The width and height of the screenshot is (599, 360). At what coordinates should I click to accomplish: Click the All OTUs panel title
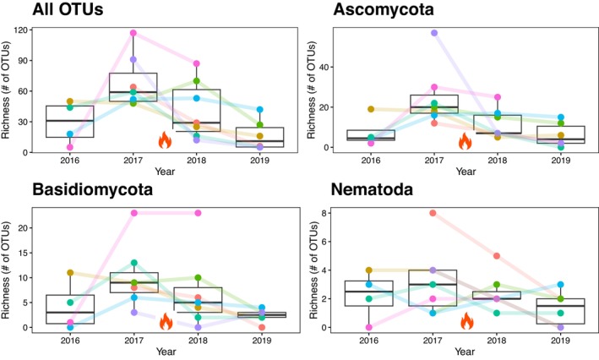(68, 9)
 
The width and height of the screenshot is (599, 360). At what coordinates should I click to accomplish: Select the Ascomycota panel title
(384, 9)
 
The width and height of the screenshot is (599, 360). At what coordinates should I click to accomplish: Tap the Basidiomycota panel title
(92, 189)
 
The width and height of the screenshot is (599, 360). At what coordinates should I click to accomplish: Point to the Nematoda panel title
(372, 189)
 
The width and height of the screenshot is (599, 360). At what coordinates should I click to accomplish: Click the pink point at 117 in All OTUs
(133, 33)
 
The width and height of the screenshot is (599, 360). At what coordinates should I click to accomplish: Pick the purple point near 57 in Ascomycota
(434, 33)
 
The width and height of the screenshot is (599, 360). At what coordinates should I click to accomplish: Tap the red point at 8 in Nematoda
(433, 213)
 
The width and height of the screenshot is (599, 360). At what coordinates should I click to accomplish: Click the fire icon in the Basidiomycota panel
(166, 321)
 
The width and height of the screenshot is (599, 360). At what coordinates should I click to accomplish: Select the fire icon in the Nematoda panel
(467, 320)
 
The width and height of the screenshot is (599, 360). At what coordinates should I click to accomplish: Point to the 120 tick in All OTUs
(22, 30)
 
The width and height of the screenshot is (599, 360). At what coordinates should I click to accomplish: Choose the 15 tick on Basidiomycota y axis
(24, 253)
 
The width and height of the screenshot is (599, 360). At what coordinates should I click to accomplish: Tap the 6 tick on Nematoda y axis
(324, 242)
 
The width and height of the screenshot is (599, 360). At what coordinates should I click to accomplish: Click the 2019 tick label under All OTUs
(259, 160)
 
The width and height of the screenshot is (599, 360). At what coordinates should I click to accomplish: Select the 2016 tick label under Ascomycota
(371, 160)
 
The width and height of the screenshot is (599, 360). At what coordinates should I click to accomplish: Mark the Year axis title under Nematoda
(465, 352)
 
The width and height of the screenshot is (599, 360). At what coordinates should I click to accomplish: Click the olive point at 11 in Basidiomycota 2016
(70, 272)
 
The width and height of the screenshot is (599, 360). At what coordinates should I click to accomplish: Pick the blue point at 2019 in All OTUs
(259, 110)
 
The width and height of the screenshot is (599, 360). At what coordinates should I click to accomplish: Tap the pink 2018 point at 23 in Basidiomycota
(198, 213)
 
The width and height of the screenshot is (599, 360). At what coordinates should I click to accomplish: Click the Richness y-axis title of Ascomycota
(312, 90)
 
